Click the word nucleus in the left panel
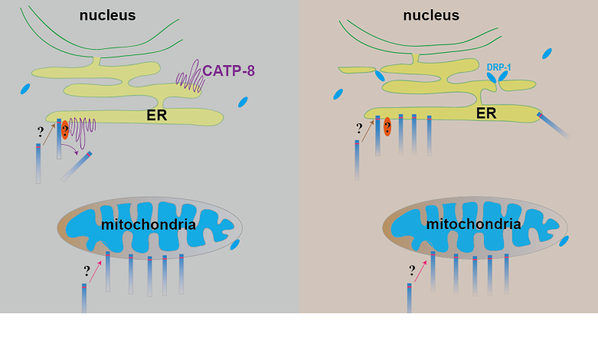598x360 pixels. coord(107,15)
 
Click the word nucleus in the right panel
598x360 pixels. coord(431,15)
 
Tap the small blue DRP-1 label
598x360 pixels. coord(498,67)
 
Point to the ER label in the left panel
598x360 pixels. coord(157,116)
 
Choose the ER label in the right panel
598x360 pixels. coord(486,113)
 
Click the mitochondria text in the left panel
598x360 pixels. coord(149,224)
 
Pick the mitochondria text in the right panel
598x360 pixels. coord(473,224)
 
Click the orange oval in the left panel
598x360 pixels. coord(65,129)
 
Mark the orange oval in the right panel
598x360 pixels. coord(387,126)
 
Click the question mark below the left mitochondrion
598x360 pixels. coord(87,270)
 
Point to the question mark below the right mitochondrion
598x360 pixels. coord(412,270)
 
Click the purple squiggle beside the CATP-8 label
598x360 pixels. coord(189,80)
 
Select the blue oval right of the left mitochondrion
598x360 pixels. coord(235,244)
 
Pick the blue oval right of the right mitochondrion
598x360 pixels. coord(564,241)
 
